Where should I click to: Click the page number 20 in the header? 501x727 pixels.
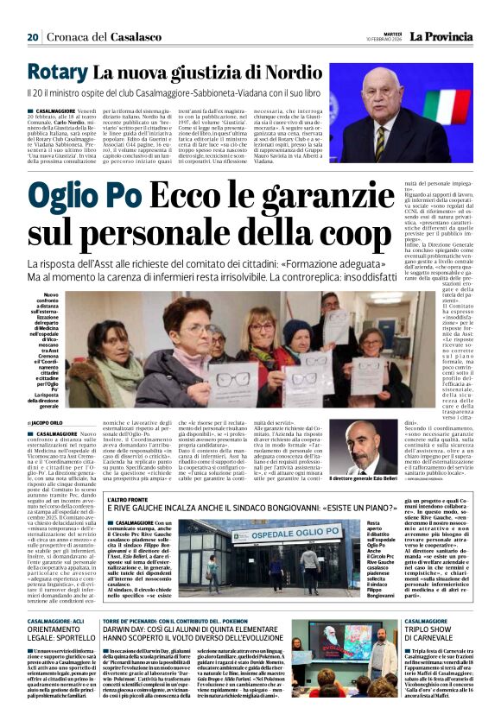click(33, 37)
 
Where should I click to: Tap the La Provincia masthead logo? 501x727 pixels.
click(441, 36)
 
